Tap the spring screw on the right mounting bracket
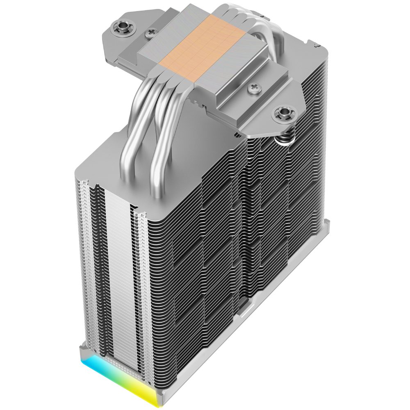[282, 111]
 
